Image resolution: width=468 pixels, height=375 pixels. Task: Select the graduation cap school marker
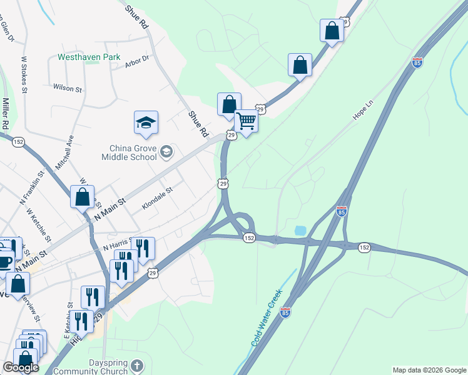[146, 123]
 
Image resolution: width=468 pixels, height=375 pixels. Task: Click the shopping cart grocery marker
[247, 121]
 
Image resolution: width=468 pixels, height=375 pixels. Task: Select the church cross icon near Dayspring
[138, 365]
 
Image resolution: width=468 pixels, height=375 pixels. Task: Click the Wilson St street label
[68, 88]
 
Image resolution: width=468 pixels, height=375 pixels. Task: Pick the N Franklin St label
[33, 188]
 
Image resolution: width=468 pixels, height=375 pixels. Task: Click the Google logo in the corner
[21, 367]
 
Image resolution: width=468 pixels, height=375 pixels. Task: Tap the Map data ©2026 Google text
[429, 370]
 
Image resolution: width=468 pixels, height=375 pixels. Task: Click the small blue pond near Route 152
[300, 231]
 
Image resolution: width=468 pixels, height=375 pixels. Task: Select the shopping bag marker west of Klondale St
[82, 197]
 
